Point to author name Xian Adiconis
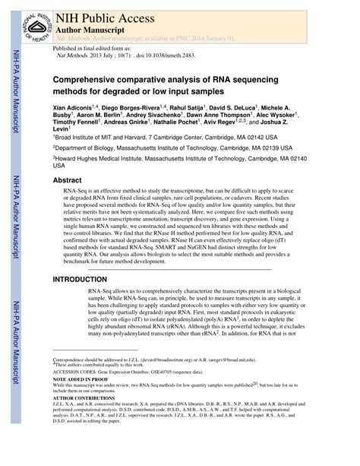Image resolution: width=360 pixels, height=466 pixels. pyautogui.click(x=77, y=109)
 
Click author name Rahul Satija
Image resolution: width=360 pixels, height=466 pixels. pyautogui.click(x=188, y=109)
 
